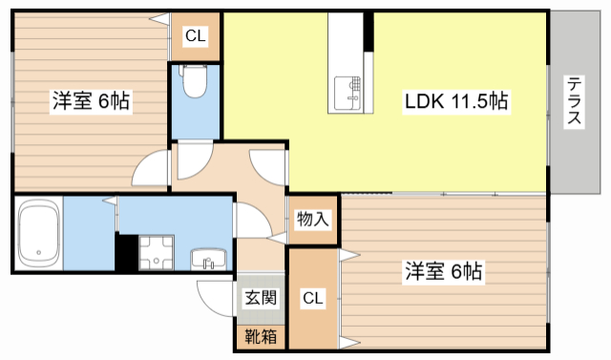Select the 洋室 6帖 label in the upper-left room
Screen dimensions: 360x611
click(91, 99)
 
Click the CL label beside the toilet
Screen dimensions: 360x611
click(195, 37)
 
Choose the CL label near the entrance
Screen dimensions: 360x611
click(312, 299)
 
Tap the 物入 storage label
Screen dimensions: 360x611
click(312, 219)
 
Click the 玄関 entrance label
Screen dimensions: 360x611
click(259, 297)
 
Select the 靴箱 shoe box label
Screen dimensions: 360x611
click(259, 336)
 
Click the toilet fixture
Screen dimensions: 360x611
click(195, 84)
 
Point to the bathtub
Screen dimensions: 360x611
click(39, 233)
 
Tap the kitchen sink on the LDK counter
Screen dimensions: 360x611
click(348, 91)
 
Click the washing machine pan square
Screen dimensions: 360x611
click(155, 253)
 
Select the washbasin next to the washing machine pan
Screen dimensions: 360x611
click(208, 258)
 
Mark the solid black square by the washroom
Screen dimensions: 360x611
click(125, 253)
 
